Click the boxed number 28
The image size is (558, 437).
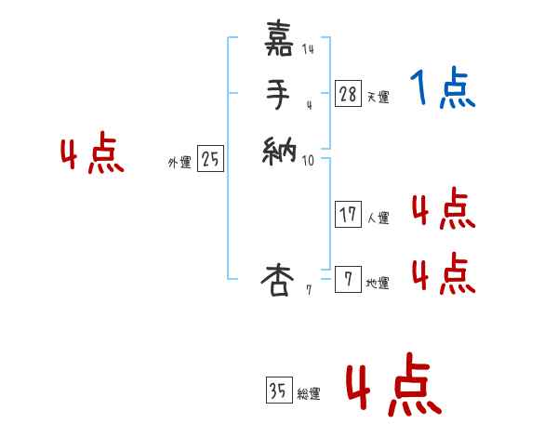pyautogui.click(x=348, y=93)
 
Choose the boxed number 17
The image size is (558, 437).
pyautogui.click(x=348, y=215)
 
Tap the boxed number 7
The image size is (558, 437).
pyautogui.click(x=348, y=279)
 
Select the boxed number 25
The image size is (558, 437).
pyautogui.click(x=210, y=160)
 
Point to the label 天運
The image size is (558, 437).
pyautogui.click(x=379, y=97)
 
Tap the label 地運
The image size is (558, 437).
pyautogui.click(x=379, y=283)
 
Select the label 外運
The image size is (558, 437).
pyautogui.click(x=179, y=163)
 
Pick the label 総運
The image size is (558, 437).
pyautogui.click(x=309, y=394)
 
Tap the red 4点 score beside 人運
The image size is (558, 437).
pyautogui.click(x=443, y=209)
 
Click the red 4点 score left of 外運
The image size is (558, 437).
pyautogui.click(x=92, y=155)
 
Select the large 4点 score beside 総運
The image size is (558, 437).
pyautogui.click(x=393, y=388)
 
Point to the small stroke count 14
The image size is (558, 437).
pyautogui.click(x=308, y=49)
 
